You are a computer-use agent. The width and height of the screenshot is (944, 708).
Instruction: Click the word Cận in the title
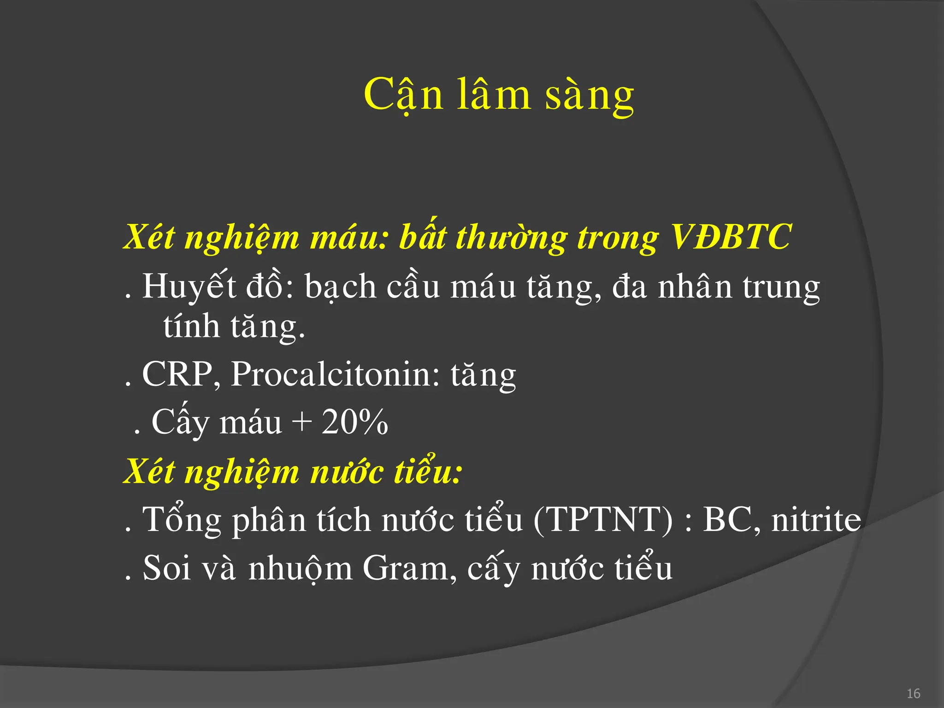pyautogui.click(x=403, y=94)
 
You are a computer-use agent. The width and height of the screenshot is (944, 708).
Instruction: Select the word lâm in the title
pyautogui.click(x=494, y=94)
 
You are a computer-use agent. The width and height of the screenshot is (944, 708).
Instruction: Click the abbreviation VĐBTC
pyautogui.click(x=731, y=237)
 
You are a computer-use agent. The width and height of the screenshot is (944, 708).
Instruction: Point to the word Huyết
pyautogui.click(x=189, y=287)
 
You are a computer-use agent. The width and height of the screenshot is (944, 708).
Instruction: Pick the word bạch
pyautogui.click(x=341, y=287)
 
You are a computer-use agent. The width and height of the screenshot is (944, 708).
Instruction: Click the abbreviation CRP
pyautogui.click(x=178, y=374)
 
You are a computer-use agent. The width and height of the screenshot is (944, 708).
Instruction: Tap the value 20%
pyautogui.click(x=354, y=422)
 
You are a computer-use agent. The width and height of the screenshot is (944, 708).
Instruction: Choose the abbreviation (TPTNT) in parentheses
pyautogui.click(x=603, y=519)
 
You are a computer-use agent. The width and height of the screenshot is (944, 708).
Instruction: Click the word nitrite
pyautogui.click(x=816, y=519)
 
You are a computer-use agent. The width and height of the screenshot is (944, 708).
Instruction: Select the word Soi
pyautogui.click(x=167, y=568)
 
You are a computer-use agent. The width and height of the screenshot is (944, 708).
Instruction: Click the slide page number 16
pyautogui.click(x=913, y=694)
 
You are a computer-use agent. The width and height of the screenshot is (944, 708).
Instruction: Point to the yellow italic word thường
pyautogui.click(x=511, y=238)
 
